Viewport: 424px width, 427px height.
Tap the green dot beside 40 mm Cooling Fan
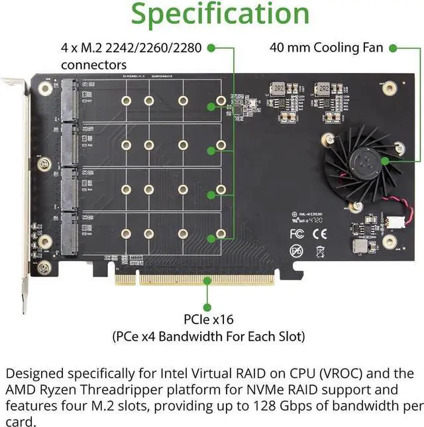(393, 48)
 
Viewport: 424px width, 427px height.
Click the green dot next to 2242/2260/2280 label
(211, 48)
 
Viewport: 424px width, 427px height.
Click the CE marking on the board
(319, 233)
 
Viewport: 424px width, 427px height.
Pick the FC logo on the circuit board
(297, 233)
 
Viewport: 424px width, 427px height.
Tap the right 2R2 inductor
(323, 88)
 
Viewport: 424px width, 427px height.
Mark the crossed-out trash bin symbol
(319, 251)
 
